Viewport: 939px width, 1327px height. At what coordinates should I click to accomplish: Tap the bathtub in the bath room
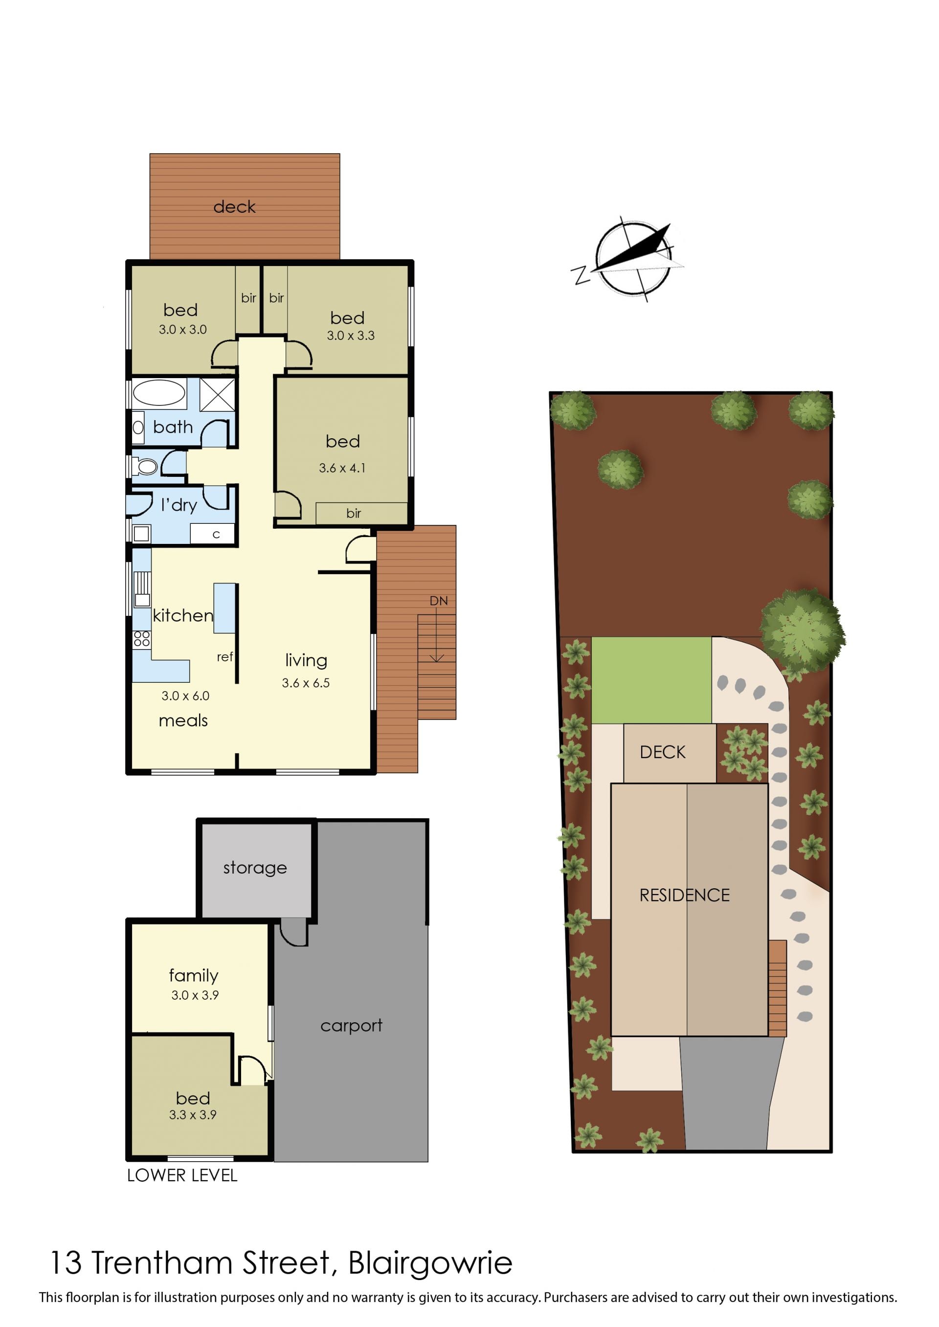[158, 393]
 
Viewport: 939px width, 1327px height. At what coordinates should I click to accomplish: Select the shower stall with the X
[218, 394]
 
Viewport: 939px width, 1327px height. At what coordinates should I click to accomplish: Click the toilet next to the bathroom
[145, 466]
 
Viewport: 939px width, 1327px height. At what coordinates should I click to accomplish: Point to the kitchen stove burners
[142, 638]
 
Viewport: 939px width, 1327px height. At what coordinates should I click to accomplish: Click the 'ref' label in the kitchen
[225, 657]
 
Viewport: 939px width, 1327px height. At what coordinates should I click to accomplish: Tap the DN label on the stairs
[438, 601]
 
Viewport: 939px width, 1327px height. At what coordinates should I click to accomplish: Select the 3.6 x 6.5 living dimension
[306, 683]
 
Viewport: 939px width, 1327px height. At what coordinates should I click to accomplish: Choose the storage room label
[255, 867]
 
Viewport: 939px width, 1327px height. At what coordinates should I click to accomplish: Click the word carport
[352, 1025]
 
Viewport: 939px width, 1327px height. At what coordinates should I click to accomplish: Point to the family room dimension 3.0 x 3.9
[195, 995]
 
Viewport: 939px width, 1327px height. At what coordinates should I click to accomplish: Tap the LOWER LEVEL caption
[182, 1175]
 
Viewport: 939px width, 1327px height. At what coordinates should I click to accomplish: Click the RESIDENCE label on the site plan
[685, 895]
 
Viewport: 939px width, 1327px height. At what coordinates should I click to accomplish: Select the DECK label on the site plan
[663, 752]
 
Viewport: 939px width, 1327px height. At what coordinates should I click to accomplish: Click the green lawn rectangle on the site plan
[651, 680]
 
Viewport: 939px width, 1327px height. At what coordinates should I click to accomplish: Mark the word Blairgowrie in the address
[430, 1262]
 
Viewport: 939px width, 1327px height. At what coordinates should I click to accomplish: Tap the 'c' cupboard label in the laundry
[216, 534]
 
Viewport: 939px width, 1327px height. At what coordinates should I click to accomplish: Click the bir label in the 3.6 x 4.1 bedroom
[354, 513]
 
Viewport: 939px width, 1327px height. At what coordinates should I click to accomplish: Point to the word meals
[183, 720]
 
